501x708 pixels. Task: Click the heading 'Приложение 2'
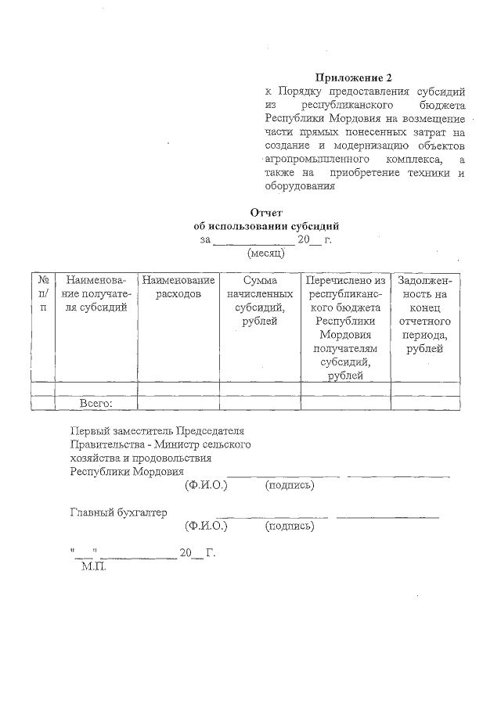click(x=352, y=77)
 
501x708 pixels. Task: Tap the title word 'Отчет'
click(x=265, y=213)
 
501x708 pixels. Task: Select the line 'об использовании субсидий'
click(x=265, y=226)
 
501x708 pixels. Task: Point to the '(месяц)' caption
click(x=265, y=253)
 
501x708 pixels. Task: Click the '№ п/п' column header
click(x=43, y=293)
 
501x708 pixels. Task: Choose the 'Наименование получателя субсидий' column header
click(x=96, y=293)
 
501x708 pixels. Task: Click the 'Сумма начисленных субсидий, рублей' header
click(x=260, y=300)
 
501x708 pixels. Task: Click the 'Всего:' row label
click(x=96, y=403)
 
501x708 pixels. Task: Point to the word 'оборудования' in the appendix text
click(x=300, y=187)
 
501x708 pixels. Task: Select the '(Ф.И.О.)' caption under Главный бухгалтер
click(x=206, y=527)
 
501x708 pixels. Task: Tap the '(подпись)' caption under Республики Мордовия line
click(x=290, y=486)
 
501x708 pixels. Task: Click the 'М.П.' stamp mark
click(x=93, y=565)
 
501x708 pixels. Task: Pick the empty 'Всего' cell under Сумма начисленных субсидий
click(x=260, y=403)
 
